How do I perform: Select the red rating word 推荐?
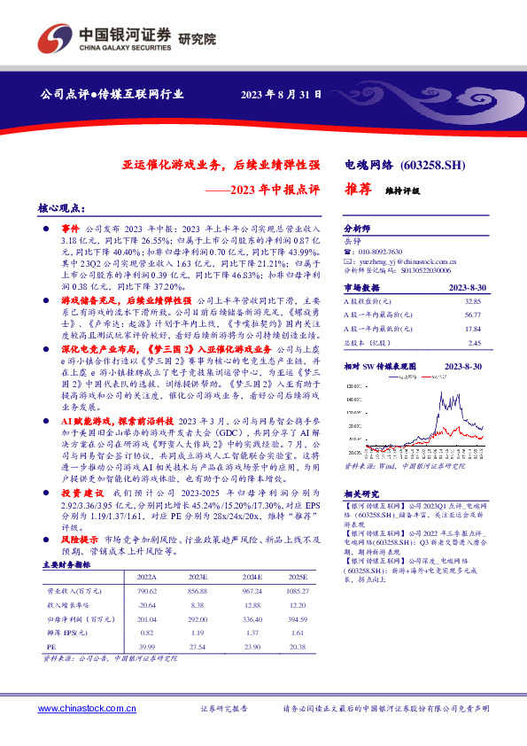tap(357, 189)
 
